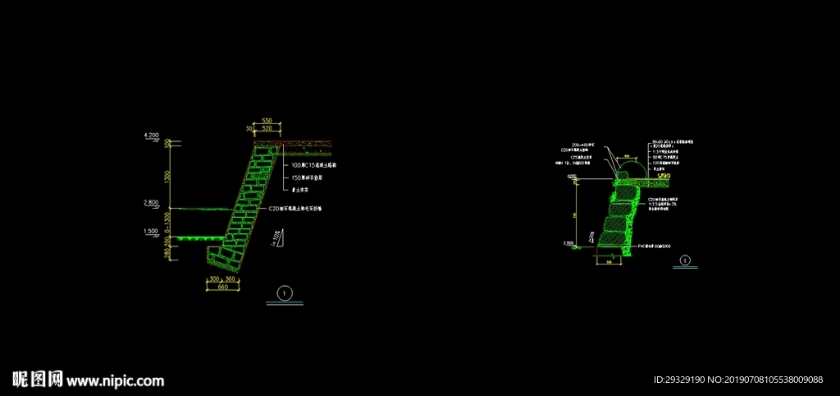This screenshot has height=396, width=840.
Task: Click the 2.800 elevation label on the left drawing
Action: [151, 201]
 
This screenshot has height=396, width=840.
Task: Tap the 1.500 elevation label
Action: [151, 232]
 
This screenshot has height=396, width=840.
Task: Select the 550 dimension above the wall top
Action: [267, 121]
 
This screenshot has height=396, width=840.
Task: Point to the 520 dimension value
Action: [267, 129]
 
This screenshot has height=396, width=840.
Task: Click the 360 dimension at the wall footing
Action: [231, 279]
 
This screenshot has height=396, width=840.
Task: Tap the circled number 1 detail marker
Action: [285, 293]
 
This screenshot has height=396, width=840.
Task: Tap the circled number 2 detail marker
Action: [685, 261]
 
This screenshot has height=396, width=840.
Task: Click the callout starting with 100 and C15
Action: [312, 165]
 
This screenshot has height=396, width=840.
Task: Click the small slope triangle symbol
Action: [279, 237]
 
